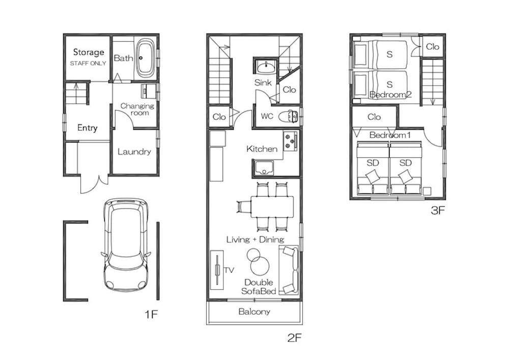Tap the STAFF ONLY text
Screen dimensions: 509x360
[x=88, y=63]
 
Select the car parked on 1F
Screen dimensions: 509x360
[x=126, y=244]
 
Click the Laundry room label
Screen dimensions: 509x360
[x=134, y=152]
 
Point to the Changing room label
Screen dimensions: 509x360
[x=137, y=109]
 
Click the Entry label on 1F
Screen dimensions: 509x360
[x=88, y=128]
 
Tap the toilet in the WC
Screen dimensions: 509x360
[x=288, y=116]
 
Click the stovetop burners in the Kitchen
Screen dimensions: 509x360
[x=290, y=141]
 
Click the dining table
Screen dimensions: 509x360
[x=272, y=207]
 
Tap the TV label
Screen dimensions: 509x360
[x=229, y=270]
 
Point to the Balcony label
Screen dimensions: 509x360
[x=254, y=312]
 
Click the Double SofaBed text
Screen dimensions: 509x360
[x=259, y=287]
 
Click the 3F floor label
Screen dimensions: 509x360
[x=437, y=210]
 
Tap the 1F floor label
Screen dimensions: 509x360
[x=151, y=314]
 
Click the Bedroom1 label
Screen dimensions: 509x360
[x=390, y=135]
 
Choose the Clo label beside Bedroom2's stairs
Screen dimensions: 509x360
[x=432, y=47]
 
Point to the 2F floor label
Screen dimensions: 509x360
[x=294, y=338]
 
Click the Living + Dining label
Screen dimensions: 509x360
[x=255, y=239]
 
